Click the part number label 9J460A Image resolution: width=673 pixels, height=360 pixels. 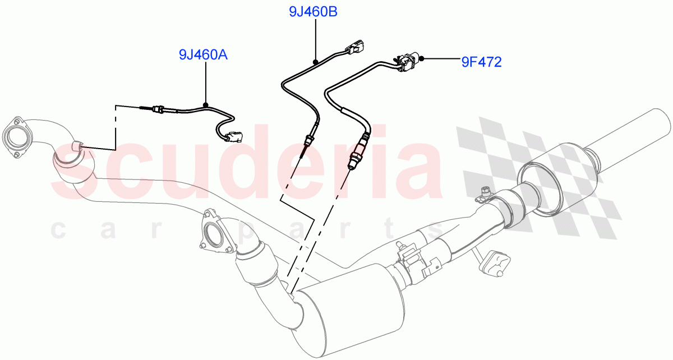pos(203,55)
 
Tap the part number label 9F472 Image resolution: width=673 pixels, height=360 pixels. pos(481,62)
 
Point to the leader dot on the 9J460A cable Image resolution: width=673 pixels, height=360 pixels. pos(206,105)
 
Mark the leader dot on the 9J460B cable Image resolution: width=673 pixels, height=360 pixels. pos(316,60)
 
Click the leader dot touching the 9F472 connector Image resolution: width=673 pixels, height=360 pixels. pos(421,58)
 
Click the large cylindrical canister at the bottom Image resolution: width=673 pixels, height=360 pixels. pos(348,305)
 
